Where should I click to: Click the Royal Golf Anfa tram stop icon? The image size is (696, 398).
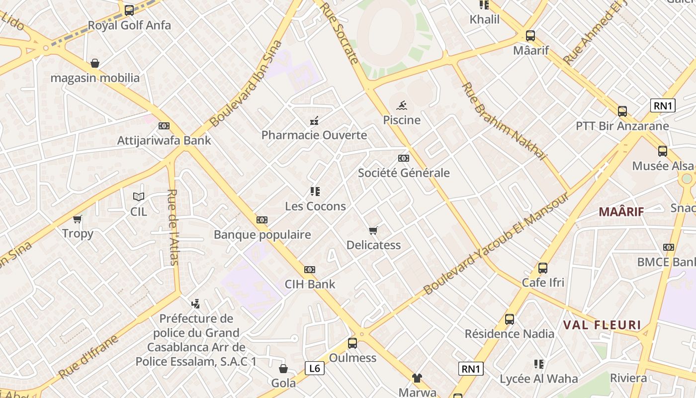[x=129, y=10]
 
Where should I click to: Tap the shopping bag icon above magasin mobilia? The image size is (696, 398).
[x=95, y=63]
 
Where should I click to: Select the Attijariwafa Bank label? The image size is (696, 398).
[x=164, y=140]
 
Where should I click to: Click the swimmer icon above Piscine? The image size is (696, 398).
[x=402, y=105]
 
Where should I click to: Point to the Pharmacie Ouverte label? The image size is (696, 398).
[x=314, y=135]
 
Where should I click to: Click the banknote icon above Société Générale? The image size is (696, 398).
[x=404, y=158]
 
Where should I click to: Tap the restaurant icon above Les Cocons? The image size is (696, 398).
[x=315, y=191]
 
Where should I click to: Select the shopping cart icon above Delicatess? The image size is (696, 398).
[x=373, y=230]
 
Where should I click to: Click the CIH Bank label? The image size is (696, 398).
[x=310, y=284]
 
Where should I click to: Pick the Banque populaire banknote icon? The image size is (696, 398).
[x=262, y=220]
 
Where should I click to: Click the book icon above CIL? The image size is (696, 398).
[x=139, y=197]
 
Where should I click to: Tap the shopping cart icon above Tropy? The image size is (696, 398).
[x=78, y=219]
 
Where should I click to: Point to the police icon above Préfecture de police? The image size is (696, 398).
[x=196, y=303]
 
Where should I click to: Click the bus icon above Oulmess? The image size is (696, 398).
[x=352, y=343]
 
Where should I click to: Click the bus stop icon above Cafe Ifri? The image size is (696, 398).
[x=543, y=268]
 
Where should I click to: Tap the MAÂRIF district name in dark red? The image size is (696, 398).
[x=621, y=212]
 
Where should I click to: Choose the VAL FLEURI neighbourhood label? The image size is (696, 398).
[x=602, y=325]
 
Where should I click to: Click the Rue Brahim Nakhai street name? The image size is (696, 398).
[x=504, y=121]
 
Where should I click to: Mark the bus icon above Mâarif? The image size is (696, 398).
[x=530, y=36]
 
